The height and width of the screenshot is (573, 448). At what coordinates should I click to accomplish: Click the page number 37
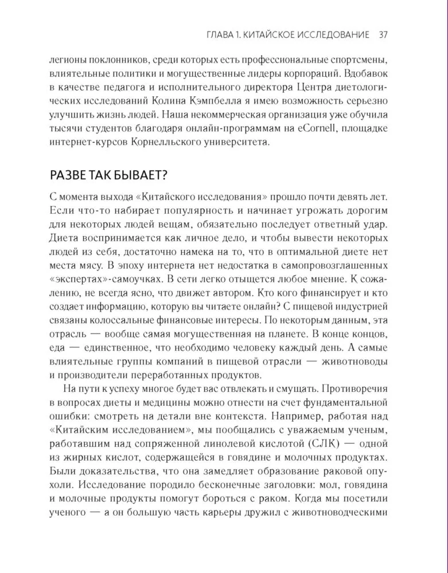click(384, 35)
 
